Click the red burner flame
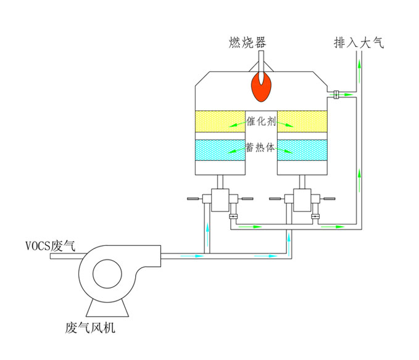[x=262, y=87]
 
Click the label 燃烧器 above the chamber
[x=246, y=43]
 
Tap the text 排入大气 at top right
[x=359, y=43]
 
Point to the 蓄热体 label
[x=261, y=149]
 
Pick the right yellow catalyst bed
[x=302, y=121]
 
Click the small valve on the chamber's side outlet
[x=337, y=94]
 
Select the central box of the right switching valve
[x=302, y=199]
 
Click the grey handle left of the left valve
[x=193, y=198]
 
